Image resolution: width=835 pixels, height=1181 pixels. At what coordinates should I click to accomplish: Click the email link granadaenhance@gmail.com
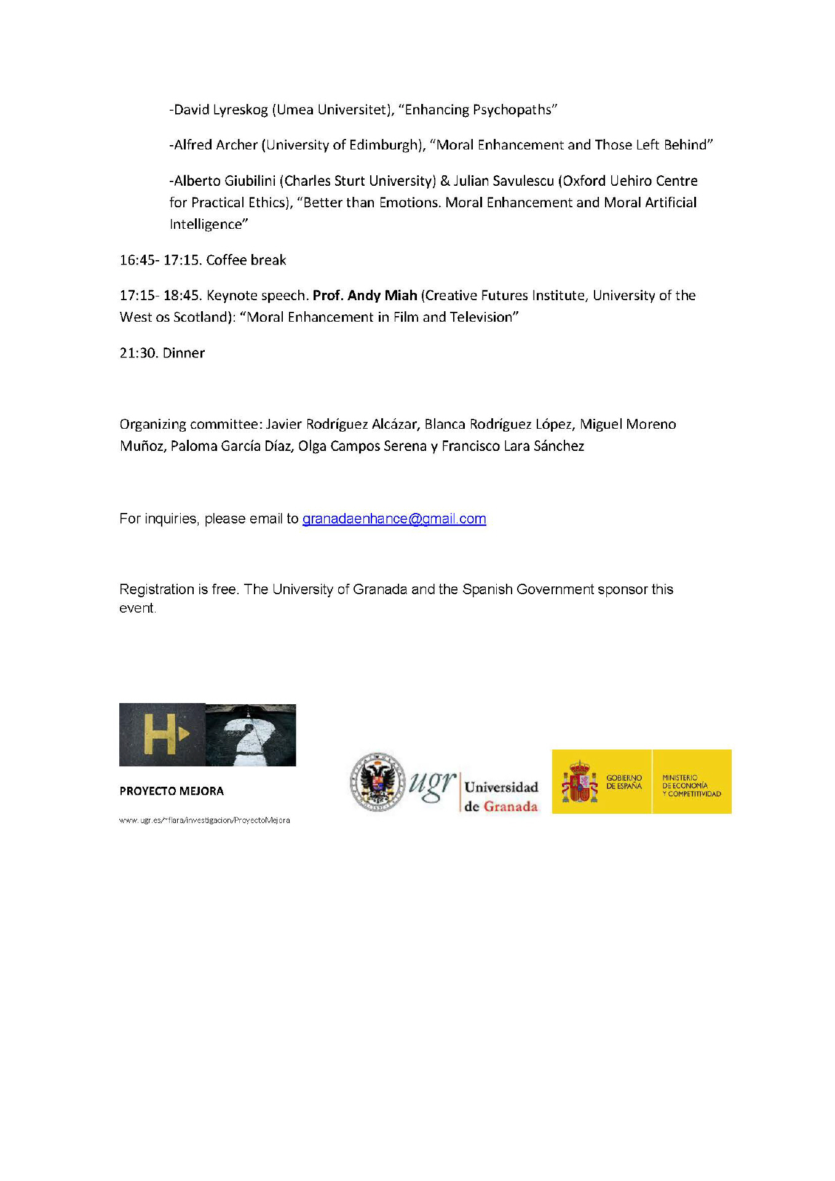coord(394,519)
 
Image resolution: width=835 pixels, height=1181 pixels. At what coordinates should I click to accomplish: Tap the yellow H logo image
coord(162,734)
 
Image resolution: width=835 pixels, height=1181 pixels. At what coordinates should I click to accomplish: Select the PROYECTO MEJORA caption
coord(172,791)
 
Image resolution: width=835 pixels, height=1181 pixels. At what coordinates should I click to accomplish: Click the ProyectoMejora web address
coord(204,820)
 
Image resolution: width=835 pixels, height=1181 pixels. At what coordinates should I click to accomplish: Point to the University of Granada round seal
coord(378,782)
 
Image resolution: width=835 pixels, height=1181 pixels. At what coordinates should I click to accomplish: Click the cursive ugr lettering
coord(433,784)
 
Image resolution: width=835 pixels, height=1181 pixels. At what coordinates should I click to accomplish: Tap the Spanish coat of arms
coord(579,782)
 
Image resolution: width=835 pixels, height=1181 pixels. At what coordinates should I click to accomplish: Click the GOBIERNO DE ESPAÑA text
coord(623,782)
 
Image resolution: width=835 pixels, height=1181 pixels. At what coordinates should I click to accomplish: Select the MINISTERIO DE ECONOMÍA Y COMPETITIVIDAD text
coord(691,785)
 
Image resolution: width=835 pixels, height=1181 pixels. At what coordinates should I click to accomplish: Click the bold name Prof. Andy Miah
coord(365,296)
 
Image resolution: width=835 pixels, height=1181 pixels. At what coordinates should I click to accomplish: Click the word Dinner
coord(184,353)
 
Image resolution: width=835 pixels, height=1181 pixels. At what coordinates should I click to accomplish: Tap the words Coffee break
coord(246,260)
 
